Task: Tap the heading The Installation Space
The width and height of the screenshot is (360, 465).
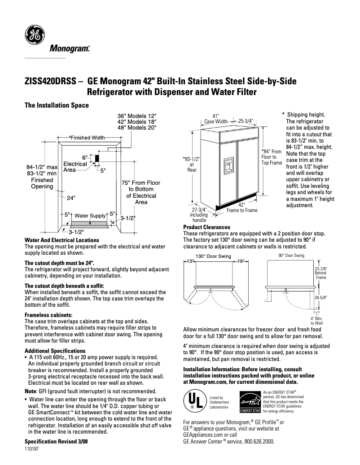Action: coord(57,105)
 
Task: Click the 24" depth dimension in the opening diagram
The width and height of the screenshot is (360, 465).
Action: coord(71,197)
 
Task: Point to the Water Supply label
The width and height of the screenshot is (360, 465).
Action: coord(90,216)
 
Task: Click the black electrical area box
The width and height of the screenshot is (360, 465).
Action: coord(96,159)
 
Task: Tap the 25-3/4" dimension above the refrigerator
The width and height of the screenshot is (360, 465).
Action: coord(246,121)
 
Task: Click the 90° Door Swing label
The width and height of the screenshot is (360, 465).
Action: coord(291,256)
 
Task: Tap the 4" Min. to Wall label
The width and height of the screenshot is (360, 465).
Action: coord(317,320)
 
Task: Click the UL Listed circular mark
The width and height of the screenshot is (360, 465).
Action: coord(193,401)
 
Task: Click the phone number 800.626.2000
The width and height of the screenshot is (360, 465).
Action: coord(256,441)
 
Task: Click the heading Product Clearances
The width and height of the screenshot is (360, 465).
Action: coord(206,227)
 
